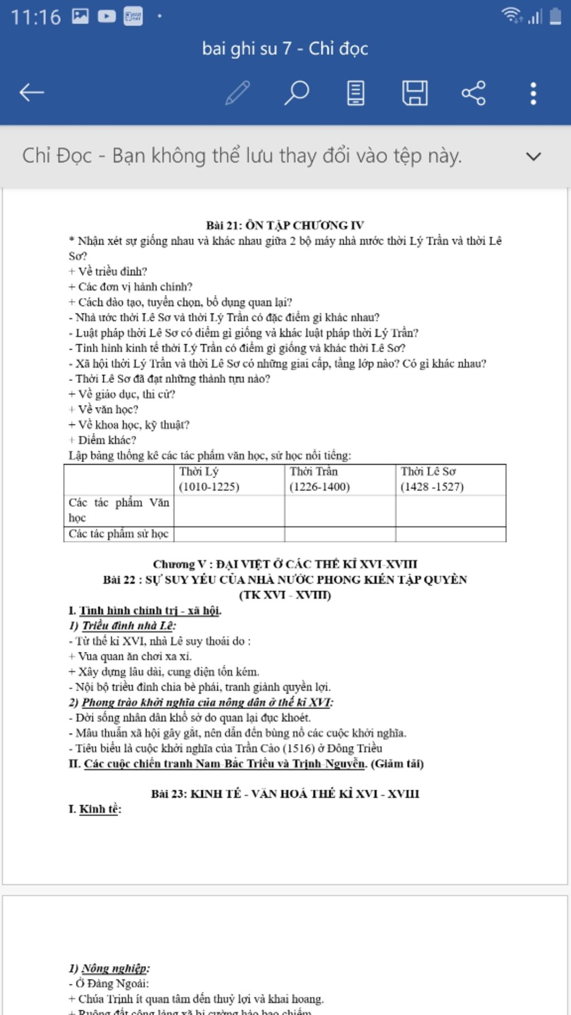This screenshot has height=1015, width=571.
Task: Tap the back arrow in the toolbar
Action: pos(31,93)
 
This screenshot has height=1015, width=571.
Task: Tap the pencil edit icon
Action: pos(238,93)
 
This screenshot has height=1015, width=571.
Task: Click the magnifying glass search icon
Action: pos(297,93)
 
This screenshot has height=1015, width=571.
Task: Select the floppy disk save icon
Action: pos(414,93)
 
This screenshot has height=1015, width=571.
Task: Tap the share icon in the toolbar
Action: pos(473,93)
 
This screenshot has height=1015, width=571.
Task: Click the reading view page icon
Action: pos(355,93)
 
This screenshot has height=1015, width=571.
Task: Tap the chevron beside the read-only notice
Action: pos(533,157)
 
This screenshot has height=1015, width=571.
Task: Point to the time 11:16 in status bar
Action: pos(36,17)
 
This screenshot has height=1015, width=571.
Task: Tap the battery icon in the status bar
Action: pos(555,16)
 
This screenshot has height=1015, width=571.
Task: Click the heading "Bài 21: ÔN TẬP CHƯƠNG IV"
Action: pos(285,225)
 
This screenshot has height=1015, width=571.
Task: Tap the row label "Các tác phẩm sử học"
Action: pos(118,534)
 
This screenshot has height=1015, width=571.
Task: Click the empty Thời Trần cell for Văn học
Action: pos(340,510)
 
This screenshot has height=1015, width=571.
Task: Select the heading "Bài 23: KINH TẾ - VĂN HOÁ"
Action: pos(285,794)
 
